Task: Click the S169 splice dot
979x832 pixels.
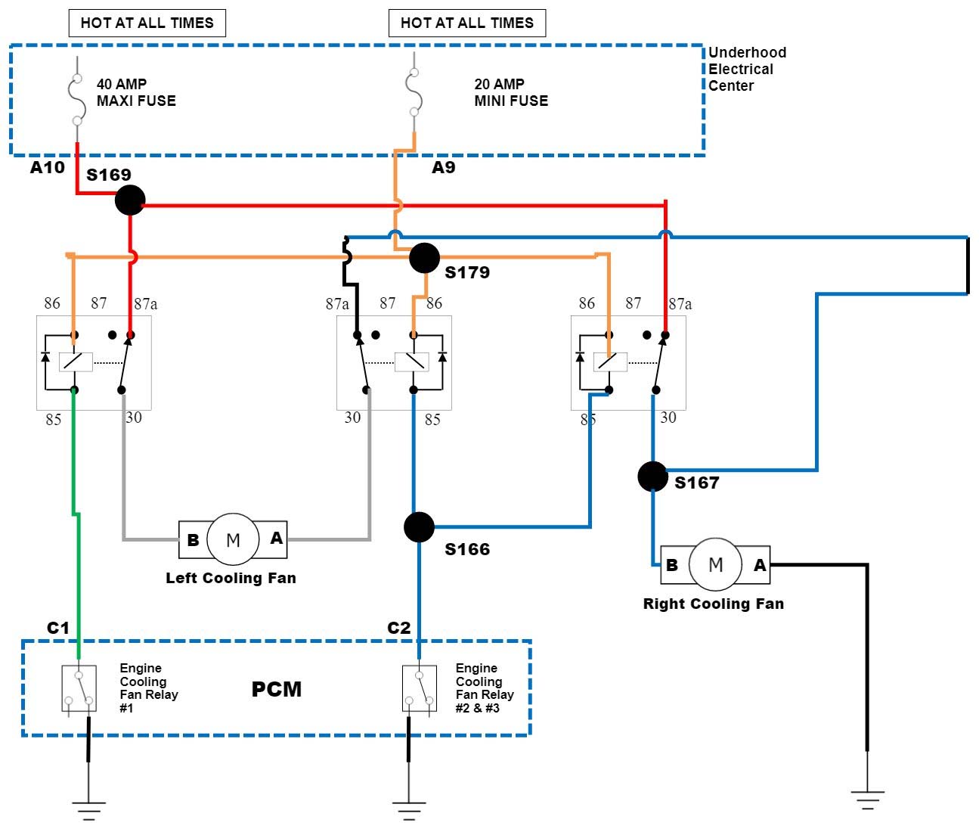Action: [130, 200]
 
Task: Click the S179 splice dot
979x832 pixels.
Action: [424, 258]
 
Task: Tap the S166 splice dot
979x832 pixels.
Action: [419, 527]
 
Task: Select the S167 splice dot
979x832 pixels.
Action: [652, 477]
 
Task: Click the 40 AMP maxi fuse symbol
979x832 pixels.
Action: [76, 99]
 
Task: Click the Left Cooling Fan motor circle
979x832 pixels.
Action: [233, 539]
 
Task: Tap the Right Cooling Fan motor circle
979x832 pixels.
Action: [715, 564]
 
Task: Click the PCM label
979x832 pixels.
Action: [276, 689]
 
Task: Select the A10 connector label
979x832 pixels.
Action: [47, 167]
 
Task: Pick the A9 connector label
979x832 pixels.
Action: [443, 167]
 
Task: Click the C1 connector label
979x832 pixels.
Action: [57, 628]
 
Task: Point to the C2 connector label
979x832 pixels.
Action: [398, 628]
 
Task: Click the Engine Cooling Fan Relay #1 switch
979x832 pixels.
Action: [79, 688]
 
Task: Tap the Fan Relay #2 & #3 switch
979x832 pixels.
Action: [419, 688]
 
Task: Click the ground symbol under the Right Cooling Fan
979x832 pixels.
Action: [867, 799]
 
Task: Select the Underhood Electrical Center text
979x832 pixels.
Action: [746, 69]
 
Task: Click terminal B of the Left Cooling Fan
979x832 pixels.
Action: [193, 540]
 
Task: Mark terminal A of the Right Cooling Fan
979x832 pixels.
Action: [760, 565]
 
